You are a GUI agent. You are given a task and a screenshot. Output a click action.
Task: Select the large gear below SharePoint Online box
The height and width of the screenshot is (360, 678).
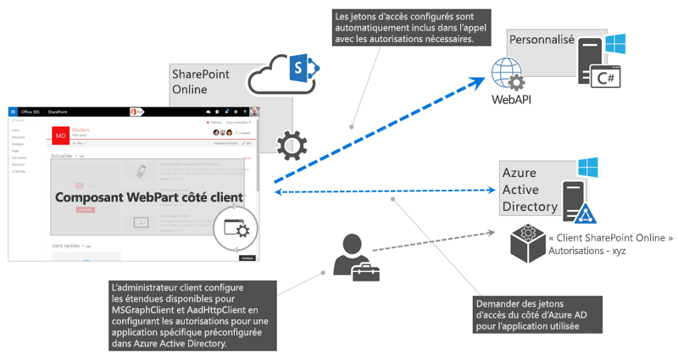click(x=292, y=146)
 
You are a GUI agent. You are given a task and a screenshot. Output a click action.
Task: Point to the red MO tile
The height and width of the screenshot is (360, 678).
click(x=61, y=136)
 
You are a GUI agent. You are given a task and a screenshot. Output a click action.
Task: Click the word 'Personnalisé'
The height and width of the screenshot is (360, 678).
click(x=541, y=40)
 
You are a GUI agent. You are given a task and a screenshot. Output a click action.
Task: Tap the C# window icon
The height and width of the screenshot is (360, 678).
click(x=606, y=77)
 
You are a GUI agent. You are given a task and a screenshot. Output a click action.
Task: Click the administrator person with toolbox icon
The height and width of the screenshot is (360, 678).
click(x=356, y=257)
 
